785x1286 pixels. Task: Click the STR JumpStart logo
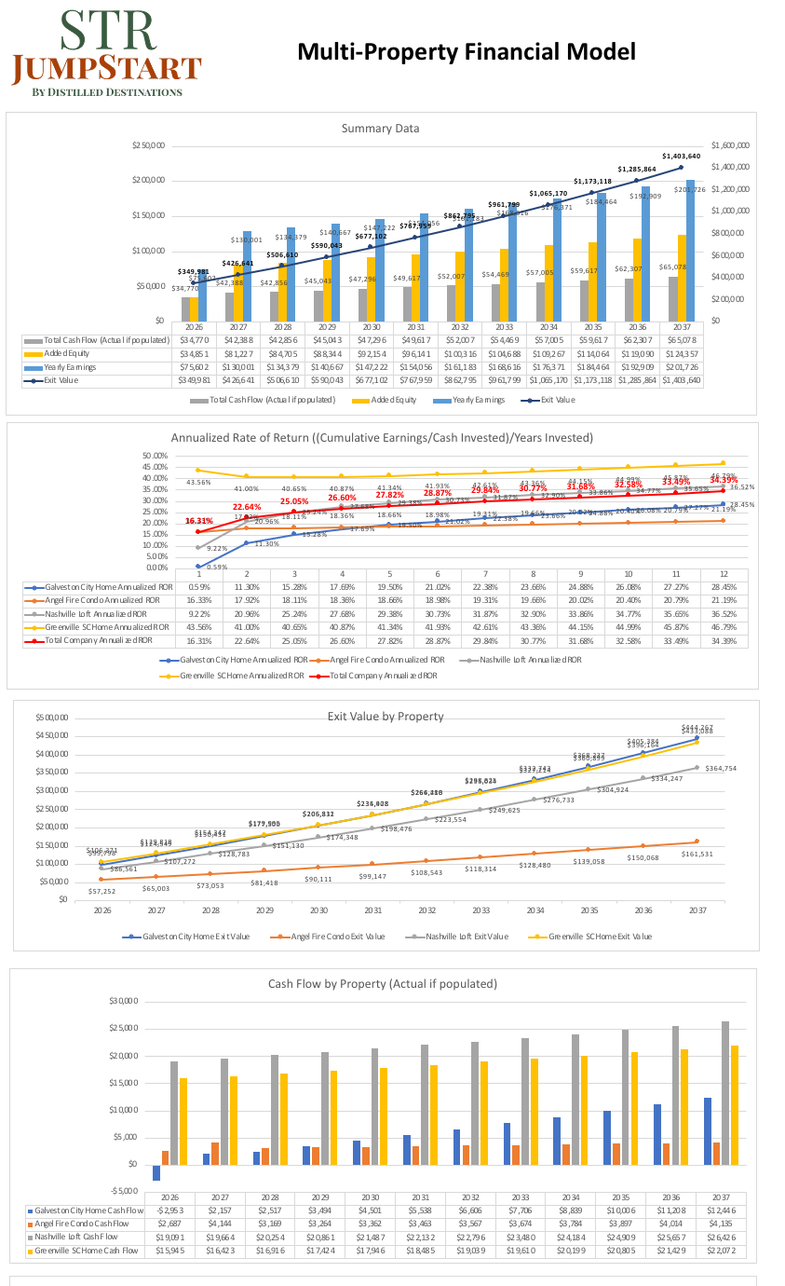[x=106, y=53]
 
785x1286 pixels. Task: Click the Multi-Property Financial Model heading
[x=466, y=52]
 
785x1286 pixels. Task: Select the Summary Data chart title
[x=380, y=129]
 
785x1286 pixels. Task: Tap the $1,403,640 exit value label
[x=681, y=157]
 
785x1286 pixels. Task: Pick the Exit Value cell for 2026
[x=194, y=380]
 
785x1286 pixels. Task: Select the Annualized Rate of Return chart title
[x=382, y=437]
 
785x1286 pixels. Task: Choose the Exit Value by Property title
[x=386, y=717]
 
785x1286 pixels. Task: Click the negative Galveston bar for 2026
[x=156, y=1172]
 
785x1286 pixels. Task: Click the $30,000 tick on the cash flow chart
[x=123, y=1001]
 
